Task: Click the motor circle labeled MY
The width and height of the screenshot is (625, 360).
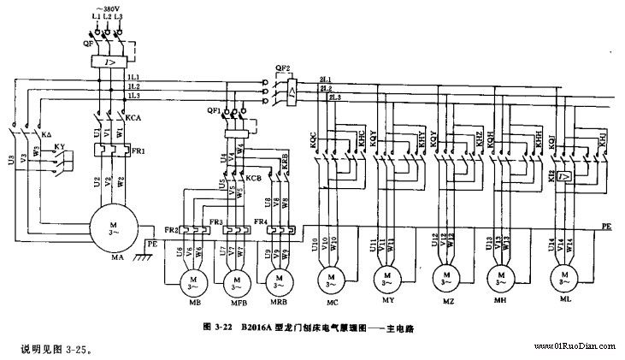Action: tap(386, 277)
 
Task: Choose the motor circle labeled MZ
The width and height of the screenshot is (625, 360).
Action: tap(443, 277)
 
